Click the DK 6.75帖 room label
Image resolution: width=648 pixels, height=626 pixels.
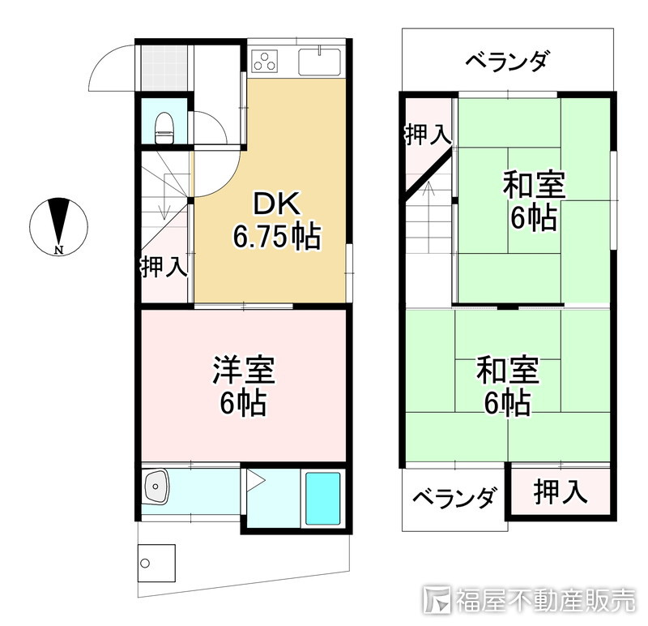[x=275, y=220]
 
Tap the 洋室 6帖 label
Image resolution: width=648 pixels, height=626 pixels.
[x=243, y=386]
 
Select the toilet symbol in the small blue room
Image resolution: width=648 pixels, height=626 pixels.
[x=164, y=126]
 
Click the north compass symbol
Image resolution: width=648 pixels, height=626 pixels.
[x=58, y=226]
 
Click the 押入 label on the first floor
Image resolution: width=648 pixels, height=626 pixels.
[x=164, y=267]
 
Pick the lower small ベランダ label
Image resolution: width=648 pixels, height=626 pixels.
[x=454, y=498]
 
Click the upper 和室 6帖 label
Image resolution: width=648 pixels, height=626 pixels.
[x=533, y=200]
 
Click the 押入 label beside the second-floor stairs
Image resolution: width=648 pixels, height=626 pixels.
[x=427, y=135]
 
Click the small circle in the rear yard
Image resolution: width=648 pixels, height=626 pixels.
[x=145, y=562]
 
